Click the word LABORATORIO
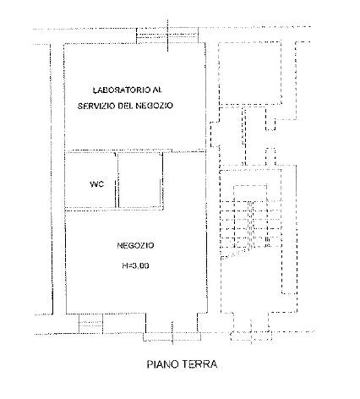(x=122, y=90)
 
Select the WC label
(x=96, y=184)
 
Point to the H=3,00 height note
(x=135, y=265)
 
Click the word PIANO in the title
(x=163, y=364)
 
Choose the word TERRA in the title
(x=199, y=364)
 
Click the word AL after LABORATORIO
(x=157, y=90)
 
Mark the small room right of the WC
(x=140, y=180)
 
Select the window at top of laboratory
(x=167, y=36)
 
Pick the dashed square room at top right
(x=250, y=74)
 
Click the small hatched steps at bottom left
(x=90, y=324)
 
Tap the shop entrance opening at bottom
(x=172, y=336)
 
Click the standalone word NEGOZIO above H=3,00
(x=135, y=245)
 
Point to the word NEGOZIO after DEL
(x=154, y=106)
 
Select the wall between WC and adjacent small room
(x=117, y=180)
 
